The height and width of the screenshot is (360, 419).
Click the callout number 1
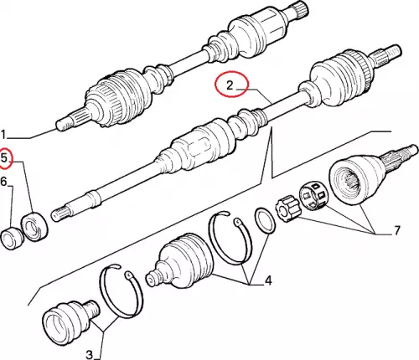(x=3, y=135)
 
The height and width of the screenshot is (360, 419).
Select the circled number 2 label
(x=230, y=85)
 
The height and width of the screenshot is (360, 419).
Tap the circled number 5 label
(x=4, y=158)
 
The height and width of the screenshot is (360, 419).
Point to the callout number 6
(x=3, y=182)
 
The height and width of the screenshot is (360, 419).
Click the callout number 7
(x=397, y=230)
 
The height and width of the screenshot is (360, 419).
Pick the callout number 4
(x=268, y=280)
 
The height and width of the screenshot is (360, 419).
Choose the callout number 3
(x=89, y=355)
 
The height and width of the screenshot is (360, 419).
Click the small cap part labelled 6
(x=12, y=238)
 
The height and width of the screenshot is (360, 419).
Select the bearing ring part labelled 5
(x=34, y=226)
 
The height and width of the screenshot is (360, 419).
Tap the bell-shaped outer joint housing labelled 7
(x=360, y=179)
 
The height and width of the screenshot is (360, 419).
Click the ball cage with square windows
(x=313, y=195)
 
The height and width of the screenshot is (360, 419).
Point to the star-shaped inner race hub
(x=287, y=209)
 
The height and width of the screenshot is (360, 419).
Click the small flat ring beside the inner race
(x=264, y=221)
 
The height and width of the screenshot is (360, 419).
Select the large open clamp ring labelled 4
(x=230, y=238)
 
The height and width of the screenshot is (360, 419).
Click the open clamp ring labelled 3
(x=121, y=291)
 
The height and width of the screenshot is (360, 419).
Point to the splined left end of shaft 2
(x=62, y=214)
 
